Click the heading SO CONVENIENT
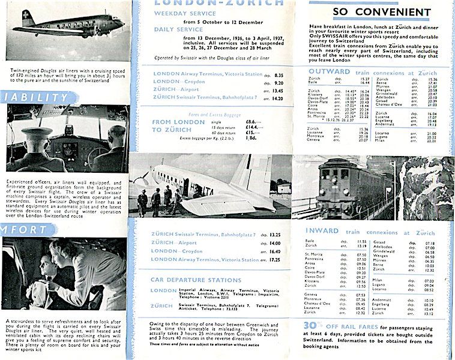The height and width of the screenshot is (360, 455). click(x=380, y=12)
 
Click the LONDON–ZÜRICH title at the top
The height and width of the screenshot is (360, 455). click(x=185, y=2)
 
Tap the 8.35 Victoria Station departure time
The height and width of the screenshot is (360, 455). click(x=279, y=74)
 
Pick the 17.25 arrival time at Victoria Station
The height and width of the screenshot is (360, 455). click(x=278, y=259)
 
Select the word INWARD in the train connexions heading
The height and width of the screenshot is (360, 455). click(x=323, y=232)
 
